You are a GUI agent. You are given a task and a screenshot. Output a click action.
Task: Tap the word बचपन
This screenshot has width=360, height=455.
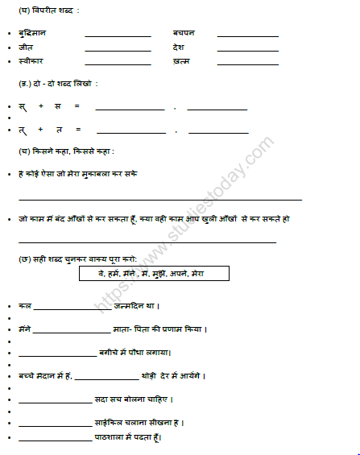184,33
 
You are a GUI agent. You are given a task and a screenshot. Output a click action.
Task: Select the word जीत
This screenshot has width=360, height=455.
26,48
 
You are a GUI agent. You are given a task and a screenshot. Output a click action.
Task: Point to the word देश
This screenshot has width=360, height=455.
178,48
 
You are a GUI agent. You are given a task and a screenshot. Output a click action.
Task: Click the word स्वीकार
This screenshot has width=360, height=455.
31,61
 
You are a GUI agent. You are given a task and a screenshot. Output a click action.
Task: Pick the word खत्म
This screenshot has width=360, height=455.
180,61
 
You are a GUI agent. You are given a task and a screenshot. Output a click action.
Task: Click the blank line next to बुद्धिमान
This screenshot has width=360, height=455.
118,36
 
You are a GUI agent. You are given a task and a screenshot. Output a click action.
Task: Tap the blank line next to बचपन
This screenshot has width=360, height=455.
247,36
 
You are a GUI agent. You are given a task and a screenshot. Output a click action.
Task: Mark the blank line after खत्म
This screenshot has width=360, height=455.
247,64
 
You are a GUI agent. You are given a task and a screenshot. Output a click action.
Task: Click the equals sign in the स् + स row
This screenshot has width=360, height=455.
77,106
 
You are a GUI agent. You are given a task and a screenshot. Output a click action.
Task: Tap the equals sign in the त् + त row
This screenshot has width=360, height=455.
77,129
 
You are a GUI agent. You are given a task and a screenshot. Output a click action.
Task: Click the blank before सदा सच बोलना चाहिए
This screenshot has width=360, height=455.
55,401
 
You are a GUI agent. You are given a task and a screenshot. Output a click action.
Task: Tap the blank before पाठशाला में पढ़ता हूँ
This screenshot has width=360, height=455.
55,440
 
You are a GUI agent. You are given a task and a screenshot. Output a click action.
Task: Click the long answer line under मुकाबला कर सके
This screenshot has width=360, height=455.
160,198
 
